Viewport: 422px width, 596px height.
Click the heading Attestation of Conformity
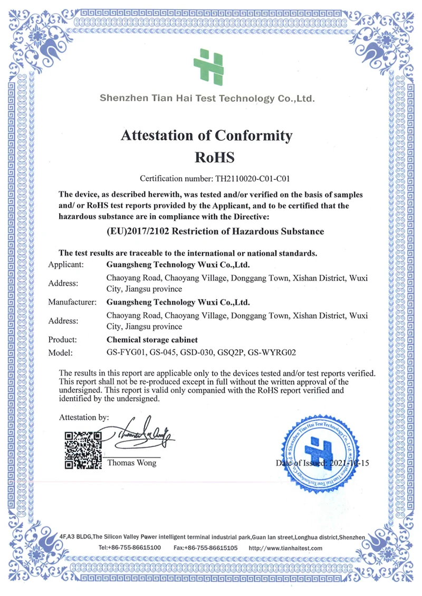(x=206, y=136)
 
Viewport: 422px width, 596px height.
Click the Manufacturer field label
(x=72, y=302)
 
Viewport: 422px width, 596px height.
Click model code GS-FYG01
(x=124, y=353)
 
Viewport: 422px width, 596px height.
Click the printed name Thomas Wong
(x=132, y=463)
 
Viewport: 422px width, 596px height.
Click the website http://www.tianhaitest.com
(x=285, y=548)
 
